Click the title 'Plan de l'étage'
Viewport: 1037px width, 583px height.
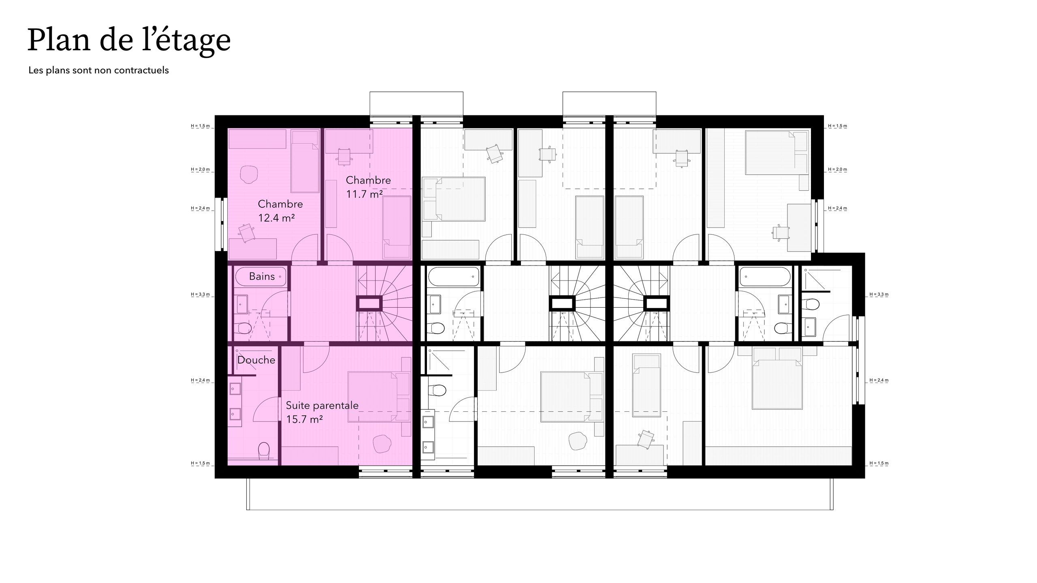click(x=129, y=40)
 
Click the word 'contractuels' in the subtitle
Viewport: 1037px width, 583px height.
click(x=141, y=70)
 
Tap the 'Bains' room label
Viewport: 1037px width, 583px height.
click(x=262, y=277)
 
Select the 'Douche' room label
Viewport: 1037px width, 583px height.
click(x=256, y=360)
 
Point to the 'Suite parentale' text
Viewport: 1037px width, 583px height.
click(x=322, y=405)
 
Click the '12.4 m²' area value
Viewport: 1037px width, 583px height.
click(x=276, y=218)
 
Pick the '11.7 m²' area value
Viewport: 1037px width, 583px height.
click(x=364, y=194)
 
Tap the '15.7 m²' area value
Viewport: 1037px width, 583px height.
click(x=304, y=419)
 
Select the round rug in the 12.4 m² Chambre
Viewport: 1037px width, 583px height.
click(x=249, y=174)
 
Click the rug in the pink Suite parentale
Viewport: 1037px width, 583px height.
click(x=382, y=443)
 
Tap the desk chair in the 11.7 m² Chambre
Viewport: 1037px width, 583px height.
click(x=344, y=156)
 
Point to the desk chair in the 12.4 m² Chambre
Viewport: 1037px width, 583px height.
click(x=246, y=232)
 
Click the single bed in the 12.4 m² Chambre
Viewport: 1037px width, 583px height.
click(x=305, y=162)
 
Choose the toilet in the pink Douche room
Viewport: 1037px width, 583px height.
click(x=264, y=450)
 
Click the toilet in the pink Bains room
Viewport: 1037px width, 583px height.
click(x=243, y=328)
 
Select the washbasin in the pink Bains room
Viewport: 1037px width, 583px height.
click(x=242, y=304)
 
